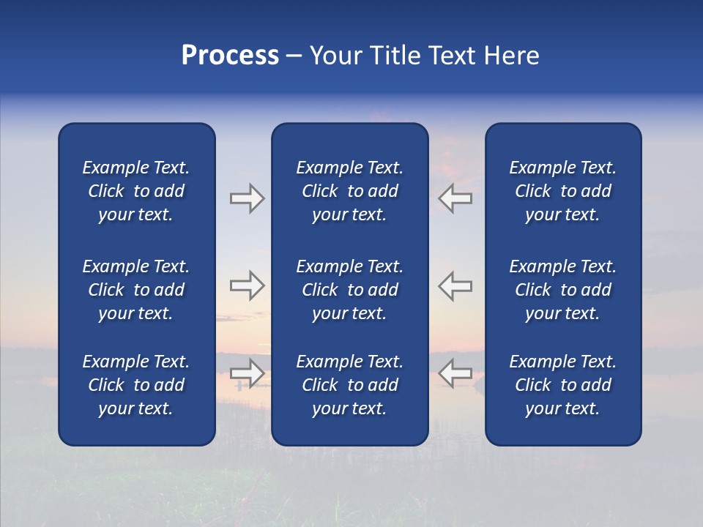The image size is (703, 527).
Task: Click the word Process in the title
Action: pos(230,56)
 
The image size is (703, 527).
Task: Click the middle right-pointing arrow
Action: pos(247,285)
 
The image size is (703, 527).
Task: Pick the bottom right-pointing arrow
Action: pos(247,373)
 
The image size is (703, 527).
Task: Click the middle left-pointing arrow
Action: pos(455,285)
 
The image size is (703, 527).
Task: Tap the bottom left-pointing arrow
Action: pos(455,373)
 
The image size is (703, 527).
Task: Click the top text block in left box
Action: pos(136,191)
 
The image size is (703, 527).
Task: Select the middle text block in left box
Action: pos(136,290)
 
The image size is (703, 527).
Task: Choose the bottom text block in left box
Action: pos(136,385)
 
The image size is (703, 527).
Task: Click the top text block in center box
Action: pos(349,191)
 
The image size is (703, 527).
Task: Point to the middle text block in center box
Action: pos(349,290)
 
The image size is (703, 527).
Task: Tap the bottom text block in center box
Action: pos(349,385)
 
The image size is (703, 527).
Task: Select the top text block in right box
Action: pos(562,191)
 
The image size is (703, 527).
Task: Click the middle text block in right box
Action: pos(562,290)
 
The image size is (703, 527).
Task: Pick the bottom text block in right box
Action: pos(562,385)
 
